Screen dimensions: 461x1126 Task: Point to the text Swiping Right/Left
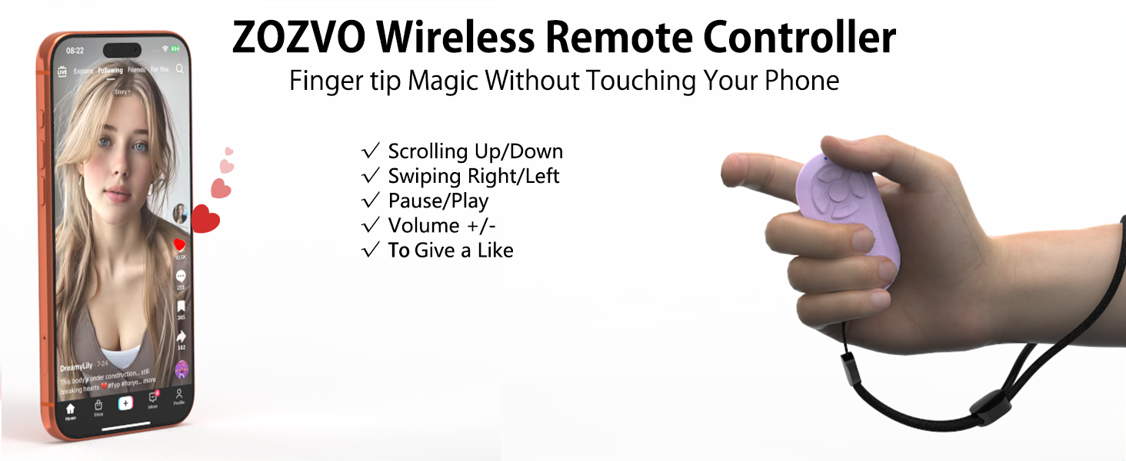pos(473,176)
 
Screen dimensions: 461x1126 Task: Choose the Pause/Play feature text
pos(438,201)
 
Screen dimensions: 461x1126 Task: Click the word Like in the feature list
pos(495,250)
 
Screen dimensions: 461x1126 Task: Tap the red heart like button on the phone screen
pos(180,245)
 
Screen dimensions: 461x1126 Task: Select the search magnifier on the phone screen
pos(179,69)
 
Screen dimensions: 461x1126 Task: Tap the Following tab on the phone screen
pos(110,70)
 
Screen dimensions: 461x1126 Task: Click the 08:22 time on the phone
pos(75,50)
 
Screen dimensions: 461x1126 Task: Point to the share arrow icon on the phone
pos(182,337)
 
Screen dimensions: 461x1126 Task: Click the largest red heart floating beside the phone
pos(205,218)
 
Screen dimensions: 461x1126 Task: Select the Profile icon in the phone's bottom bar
pos(178,395)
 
